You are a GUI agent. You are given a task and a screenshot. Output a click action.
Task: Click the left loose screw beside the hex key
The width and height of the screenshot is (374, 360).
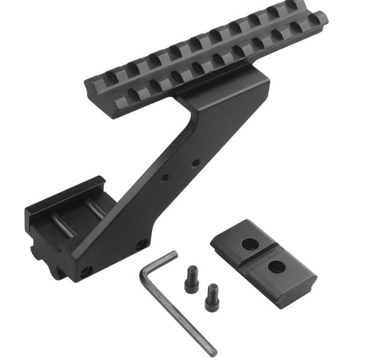[x=191, y=279]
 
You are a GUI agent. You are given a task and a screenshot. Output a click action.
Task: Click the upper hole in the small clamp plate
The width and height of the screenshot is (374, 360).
[x=248, y=243]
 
